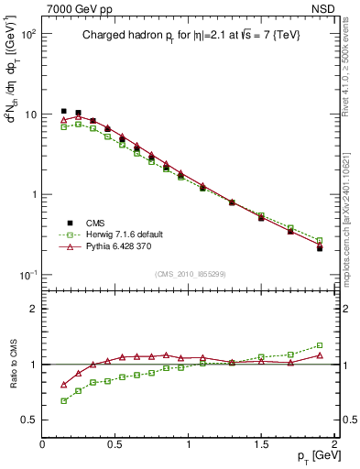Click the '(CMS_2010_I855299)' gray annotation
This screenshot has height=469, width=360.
189,274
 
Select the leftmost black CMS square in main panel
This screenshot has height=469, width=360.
63,112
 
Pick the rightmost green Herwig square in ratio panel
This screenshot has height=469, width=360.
320,345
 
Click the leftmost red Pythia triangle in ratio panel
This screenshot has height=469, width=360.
63,385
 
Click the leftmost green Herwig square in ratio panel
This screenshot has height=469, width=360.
63,400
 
